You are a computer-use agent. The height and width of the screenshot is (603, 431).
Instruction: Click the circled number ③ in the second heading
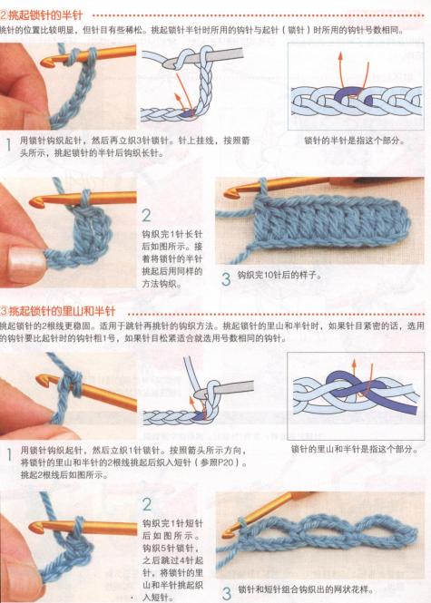(x=5, y=310)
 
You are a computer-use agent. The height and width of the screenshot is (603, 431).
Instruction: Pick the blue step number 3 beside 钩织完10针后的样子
(x=226, y=277)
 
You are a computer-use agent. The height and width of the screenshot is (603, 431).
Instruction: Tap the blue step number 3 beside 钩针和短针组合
(x=226, y=590)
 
